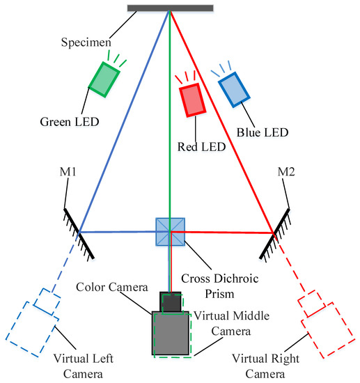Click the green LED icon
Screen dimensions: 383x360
[104, 78]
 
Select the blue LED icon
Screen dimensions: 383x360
[233, 89]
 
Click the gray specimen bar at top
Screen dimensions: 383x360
[171, 8]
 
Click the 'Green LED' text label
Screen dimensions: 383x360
[70, 121]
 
